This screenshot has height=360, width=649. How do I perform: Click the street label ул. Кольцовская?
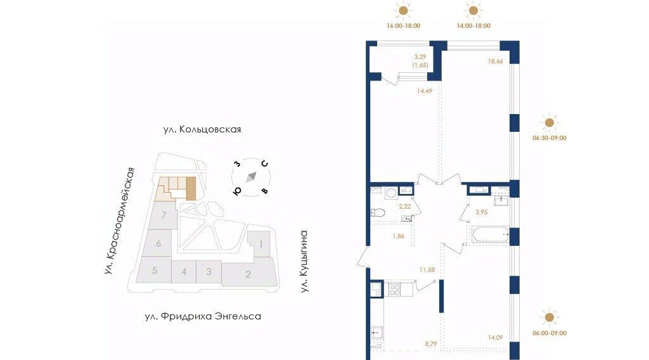pos(202,129)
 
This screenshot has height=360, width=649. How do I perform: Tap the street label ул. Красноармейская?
pos(120,221)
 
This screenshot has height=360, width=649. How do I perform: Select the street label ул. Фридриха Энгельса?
pos(203,316)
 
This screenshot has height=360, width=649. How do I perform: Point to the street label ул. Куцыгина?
pos(304,262)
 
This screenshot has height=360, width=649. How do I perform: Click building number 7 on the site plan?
pos(164,215)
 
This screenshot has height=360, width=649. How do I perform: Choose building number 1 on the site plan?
pos(260,244)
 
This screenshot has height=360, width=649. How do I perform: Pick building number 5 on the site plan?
pos(155,271)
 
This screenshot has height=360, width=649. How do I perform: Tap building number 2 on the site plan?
pos(248,274)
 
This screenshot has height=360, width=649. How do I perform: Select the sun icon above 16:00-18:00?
pos(402,10)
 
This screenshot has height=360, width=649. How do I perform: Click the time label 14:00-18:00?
pos(473,25)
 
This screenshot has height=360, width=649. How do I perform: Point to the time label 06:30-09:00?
pos(549,138)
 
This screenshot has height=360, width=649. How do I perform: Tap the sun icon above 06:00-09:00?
pos(549,318)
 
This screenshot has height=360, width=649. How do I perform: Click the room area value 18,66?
pos(495,61)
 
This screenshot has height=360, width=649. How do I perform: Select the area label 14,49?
pos(425,91)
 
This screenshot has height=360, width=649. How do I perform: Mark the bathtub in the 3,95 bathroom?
pos(491,235)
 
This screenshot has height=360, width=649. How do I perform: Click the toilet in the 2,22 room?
pos(378,213)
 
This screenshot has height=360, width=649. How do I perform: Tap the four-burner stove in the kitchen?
pos(394,290)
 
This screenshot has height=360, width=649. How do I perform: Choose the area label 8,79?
pos(430,344)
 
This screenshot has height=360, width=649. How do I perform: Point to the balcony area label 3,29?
pos(420,56)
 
